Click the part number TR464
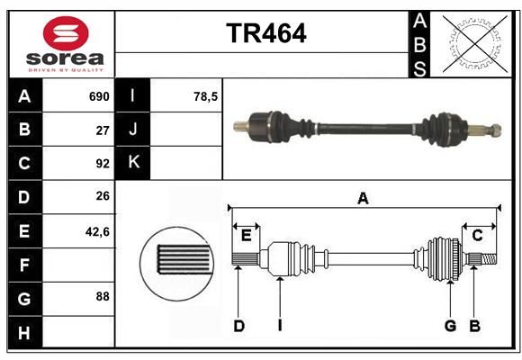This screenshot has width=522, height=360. [x=266, y=33]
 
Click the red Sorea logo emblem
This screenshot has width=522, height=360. [x=66, y=33]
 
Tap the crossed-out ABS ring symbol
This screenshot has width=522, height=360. [x=475, y=44]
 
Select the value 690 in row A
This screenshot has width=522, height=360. [x=99, y=96]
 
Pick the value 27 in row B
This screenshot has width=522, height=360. [x=103, y=130]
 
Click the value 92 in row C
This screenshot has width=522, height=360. [x=103, y=164]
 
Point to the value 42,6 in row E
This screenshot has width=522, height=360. [x=97, y=231]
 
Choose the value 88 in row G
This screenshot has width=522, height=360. [x=103, y=296]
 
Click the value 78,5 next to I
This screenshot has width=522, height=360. [x=205, y=96]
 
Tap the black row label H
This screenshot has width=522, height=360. [x=25, y=332]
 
